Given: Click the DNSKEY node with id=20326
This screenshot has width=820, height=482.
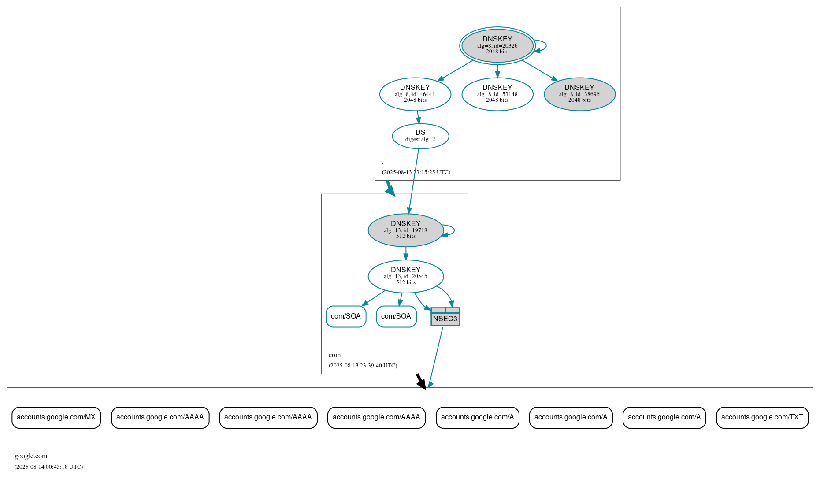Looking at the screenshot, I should click(x=497, y=45).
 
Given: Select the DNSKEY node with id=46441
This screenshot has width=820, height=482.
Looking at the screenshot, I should click(x=415, y=94).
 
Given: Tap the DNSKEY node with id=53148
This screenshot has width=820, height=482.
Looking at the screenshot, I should click(x=497, y=94).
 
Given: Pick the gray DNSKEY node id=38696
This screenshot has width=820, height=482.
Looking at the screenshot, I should click(x=579, y=94).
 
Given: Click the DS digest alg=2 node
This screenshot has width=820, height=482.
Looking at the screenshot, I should click(x=420, y=136).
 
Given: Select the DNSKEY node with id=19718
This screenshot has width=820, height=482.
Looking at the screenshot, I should click(x=405, y=230).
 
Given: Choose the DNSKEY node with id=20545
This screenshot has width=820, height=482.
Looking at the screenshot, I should click(x=405, y=276).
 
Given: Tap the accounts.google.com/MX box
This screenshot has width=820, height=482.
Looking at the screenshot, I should click(x=56, y=417).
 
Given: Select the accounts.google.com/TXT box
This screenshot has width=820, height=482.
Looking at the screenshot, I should click(x=762, y=417).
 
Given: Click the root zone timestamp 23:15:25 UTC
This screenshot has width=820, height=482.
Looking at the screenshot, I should click(x=416, y=172).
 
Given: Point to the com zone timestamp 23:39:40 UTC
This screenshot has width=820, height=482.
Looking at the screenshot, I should click(x=363, y=366).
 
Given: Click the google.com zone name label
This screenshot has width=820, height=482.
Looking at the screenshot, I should click(x=31, y=456).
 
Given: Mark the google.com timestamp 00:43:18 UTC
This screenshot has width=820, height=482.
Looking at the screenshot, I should click(x=48, y=467).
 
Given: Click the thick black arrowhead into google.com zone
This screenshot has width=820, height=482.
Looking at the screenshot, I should click(x=422, y=383).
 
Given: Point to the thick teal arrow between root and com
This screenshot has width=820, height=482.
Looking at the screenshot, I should click(x=390, y=189).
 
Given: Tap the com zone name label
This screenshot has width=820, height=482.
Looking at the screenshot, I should click(x=334, y=355).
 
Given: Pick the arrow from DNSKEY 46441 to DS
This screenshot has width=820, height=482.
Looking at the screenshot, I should click(x=418, y=117).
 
